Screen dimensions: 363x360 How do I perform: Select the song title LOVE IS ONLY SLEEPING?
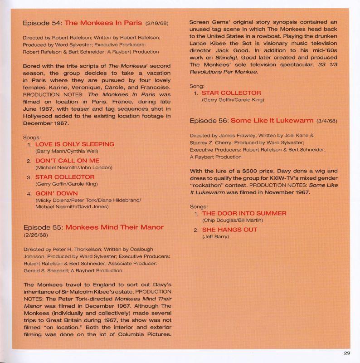(74, 144)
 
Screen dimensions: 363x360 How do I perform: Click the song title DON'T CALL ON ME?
(67, 161)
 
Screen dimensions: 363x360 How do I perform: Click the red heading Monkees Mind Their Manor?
(114, 227)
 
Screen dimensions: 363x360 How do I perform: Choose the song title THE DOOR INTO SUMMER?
(244, 213)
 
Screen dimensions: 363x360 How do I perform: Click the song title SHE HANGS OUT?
(229, 230)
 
